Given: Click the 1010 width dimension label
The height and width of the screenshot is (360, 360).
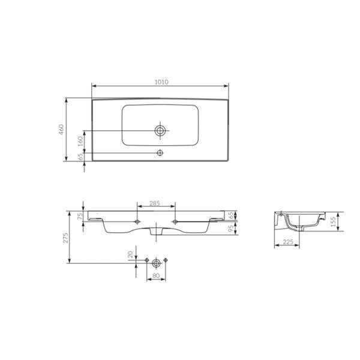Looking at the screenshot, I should click(x=160, y=81).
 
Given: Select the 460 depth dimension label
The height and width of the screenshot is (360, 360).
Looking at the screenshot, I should click(x=61, y=130).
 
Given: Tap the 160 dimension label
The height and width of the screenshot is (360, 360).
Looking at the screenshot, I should click(x=80, y=142).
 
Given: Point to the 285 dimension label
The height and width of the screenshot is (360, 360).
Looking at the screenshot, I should click(x=154, y=204).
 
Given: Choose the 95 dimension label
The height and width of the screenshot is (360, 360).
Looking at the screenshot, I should click(x=231, y=228).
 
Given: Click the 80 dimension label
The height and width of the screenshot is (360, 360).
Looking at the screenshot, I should click(x=156, y=277).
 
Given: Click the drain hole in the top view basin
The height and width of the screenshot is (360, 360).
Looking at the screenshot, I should click(x=160, y=130).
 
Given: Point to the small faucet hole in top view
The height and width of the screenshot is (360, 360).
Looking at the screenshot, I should click(x=160, y=153).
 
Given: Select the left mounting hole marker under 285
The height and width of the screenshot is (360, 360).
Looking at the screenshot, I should click(x=139, y=221).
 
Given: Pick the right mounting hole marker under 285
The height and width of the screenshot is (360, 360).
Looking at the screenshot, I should click(x=175, y=221).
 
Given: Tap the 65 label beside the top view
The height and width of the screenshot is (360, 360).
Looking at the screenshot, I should click(x=80, y=157).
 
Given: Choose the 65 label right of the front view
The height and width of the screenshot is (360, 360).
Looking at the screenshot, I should click(x=231, y=214).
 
